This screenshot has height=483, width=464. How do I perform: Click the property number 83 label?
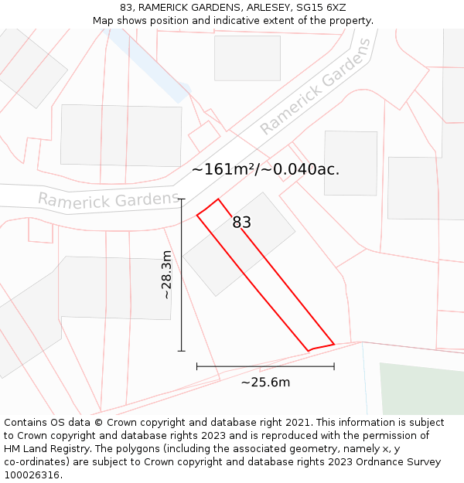point(241,223)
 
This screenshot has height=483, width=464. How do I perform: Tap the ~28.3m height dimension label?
point(166,274)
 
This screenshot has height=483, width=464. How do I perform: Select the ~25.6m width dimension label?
point(265,382)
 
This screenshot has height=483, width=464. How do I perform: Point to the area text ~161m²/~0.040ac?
point(265,169)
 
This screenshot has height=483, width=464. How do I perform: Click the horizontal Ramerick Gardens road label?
point(108,200)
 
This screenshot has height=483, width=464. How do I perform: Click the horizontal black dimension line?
point(265,366)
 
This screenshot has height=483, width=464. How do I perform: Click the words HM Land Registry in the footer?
point(45,449)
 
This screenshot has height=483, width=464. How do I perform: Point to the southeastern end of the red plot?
point(321,346)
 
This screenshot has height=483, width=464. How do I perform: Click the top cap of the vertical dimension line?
point(182,199)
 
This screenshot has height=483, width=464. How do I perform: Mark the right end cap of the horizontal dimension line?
point(334,366)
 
